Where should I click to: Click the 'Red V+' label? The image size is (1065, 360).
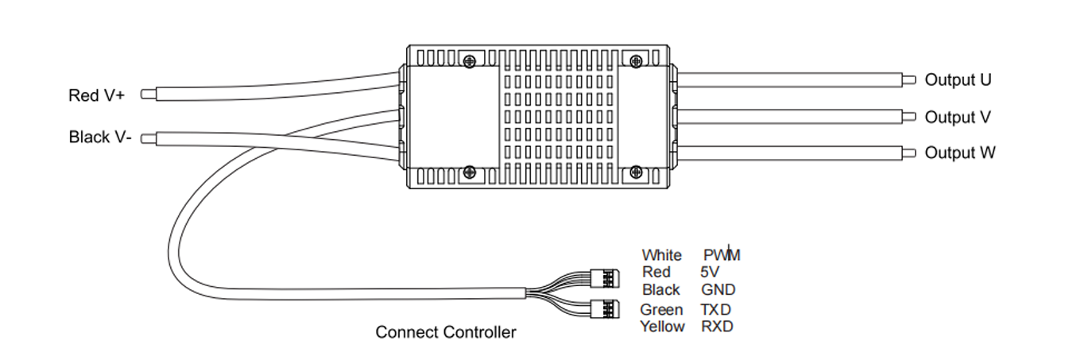(96, 95)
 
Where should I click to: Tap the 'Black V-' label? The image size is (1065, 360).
(100, 137)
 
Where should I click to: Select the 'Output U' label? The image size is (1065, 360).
(958, 79)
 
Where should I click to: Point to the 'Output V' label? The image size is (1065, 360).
(958, 117)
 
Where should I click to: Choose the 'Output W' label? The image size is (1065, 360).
(959, 153)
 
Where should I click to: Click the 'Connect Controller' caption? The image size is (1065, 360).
(445, 332)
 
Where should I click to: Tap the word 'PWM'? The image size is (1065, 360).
(722, 255)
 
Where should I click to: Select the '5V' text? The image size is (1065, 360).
(710, 272)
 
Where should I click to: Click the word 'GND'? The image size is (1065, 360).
(718, 290)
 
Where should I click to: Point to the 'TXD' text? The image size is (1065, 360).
(715, 309)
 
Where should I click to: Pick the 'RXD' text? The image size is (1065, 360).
(717, 326)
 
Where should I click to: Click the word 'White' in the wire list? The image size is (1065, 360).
(661, 255)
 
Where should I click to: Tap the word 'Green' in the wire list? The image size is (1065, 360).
(661, 309)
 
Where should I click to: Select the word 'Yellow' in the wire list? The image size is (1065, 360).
(662, 326)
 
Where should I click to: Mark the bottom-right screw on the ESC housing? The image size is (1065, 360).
(635, 172)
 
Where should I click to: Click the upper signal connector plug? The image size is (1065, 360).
(606, 278)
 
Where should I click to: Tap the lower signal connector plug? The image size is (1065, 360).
(606, 307)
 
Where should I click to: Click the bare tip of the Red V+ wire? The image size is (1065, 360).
(147, 95)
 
